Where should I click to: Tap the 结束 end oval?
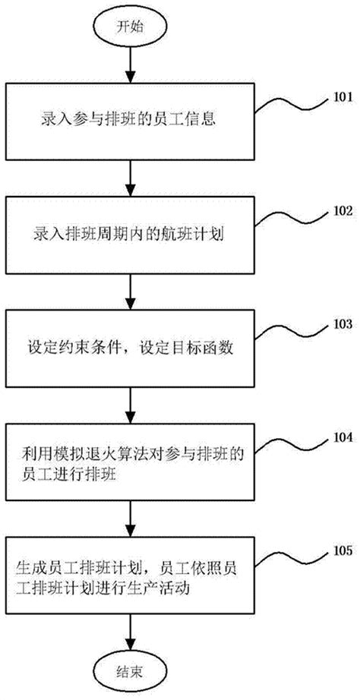(x=131, y=672)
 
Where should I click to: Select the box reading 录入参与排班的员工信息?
(x=131, y=120)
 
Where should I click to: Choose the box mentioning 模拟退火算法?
(x=131, y=462)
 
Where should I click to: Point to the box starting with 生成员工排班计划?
(x=131, y=576)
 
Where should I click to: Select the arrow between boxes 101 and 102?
(x=131, y=177)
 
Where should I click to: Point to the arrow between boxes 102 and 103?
(x=131, y=292)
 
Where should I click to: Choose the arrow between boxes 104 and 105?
(x=131, y=519)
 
